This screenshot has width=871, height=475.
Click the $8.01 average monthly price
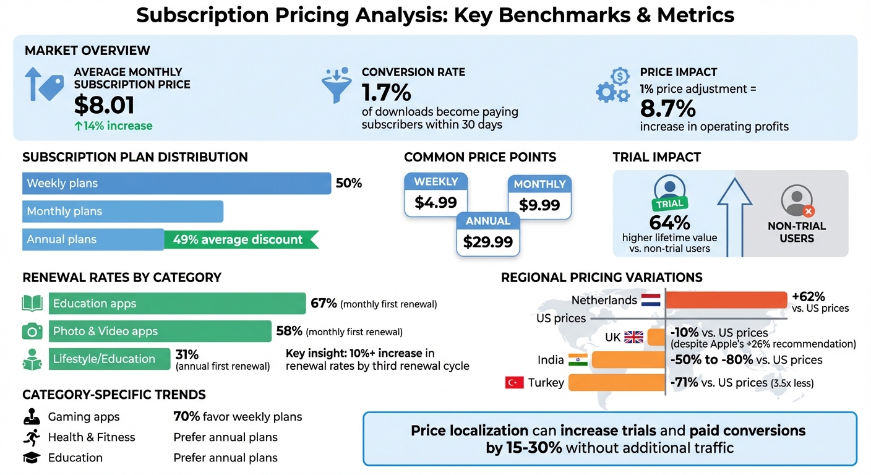coord(104,105)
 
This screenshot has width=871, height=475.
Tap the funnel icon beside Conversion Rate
coord(337,86)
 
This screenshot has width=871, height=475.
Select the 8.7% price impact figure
coord(667,109)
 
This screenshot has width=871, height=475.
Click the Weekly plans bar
coord(176,183)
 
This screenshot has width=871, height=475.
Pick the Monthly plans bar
coord(122,212)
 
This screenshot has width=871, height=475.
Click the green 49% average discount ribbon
coord(240,239)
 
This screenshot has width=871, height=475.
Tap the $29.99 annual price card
coord(488,242)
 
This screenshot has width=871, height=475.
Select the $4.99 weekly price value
coord(435,202)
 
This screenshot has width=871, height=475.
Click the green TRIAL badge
coord(669,203)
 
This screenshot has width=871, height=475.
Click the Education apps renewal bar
coord(177,304)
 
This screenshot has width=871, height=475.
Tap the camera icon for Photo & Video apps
coord(32,332)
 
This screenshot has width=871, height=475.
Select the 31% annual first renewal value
coord(187,354)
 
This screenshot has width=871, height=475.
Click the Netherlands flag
coord(651,301)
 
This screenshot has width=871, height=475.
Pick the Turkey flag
coord(515,383)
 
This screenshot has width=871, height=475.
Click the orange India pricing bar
coord(629,360)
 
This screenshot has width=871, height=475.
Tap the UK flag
coord(633,337)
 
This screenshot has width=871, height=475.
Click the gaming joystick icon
coord(31,417)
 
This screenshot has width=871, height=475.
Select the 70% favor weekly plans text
coord(238,417)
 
